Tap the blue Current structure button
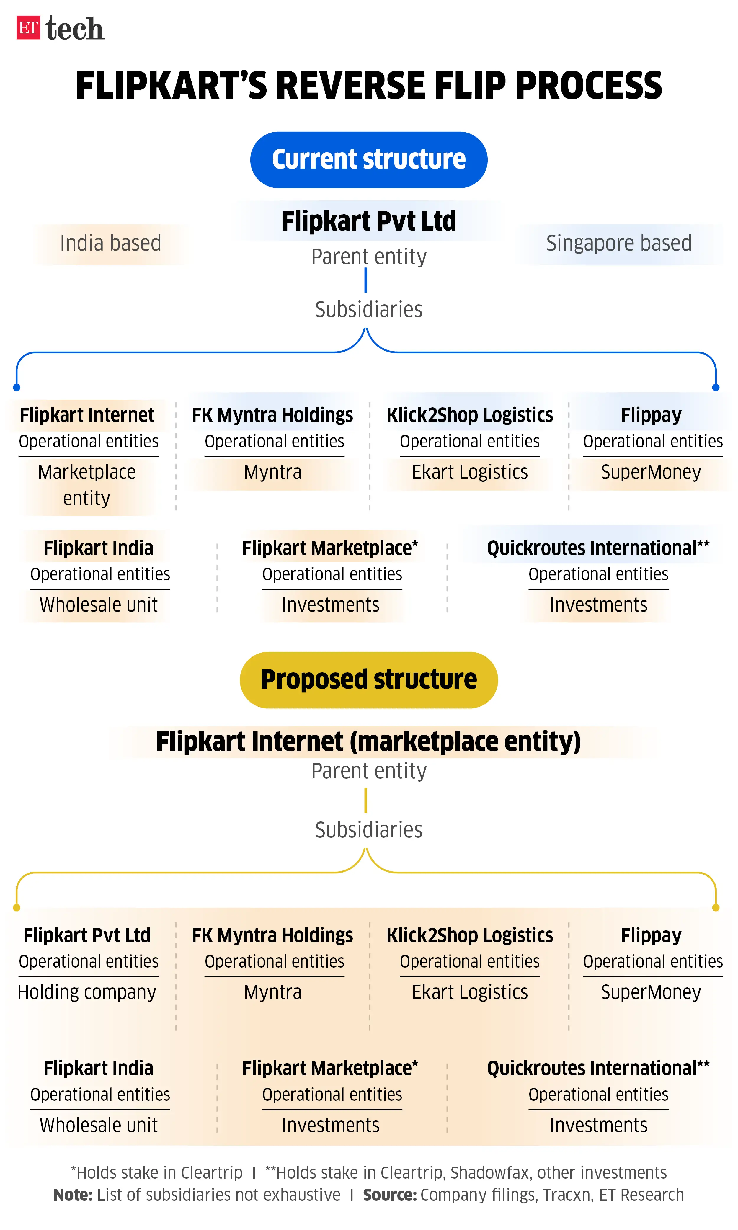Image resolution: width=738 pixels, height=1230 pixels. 368,160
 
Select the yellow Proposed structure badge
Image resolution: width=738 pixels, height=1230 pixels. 368,679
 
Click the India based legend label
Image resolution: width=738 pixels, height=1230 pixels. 110,244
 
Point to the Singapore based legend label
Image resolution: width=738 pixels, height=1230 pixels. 619,244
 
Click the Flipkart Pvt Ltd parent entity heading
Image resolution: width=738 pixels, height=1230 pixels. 368,221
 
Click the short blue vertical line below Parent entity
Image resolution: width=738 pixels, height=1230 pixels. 366,280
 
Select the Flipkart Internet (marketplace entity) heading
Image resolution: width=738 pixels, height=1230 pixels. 368,742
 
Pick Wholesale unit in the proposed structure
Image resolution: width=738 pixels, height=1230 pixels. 99,1125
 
